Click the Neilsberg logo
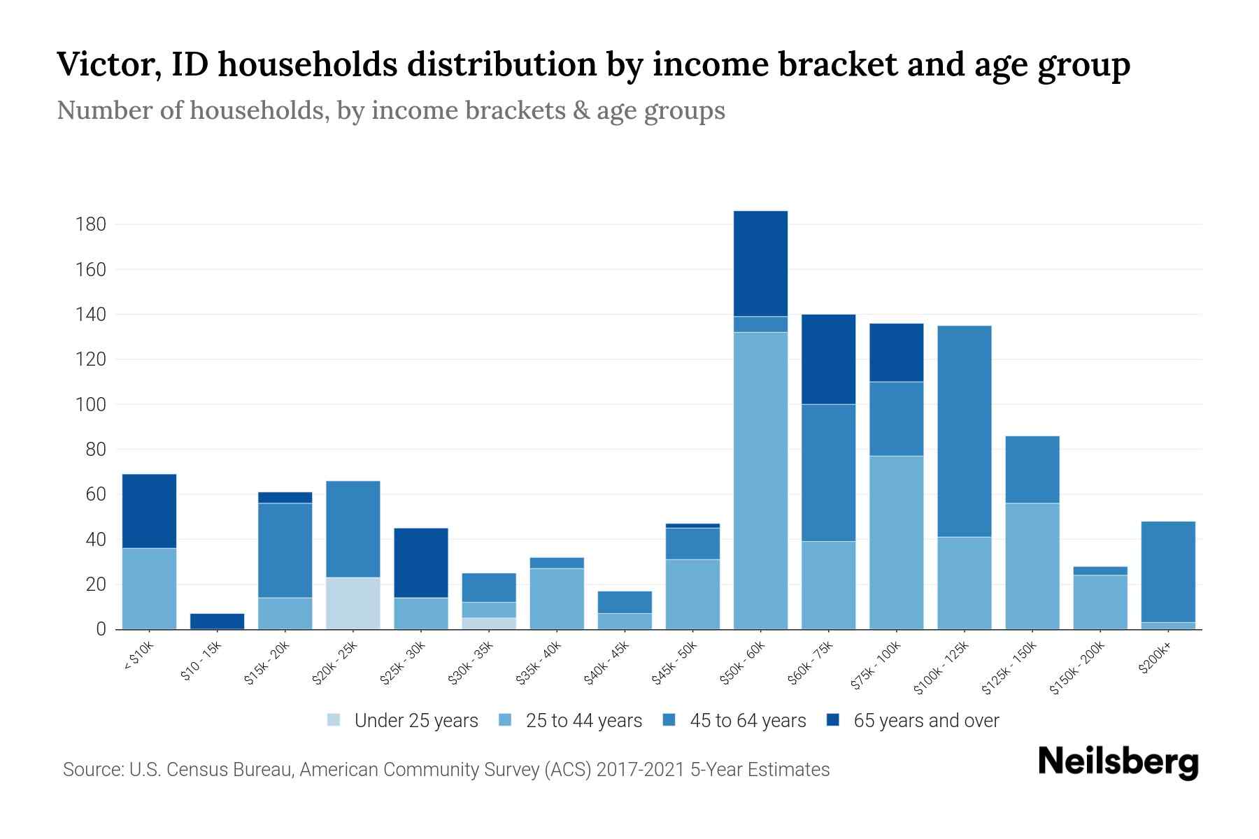coord(1118,762)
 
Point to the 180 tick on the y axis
coord(91,224)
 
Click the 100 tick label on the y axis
coord(91,404)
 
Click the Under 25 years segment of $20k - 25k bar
coord(353,603)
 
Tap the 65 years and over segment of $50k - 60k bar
coord(760,263)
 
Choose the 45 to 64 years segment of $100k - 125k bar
coord(965,431)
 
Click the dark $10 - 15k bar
coord(218,621)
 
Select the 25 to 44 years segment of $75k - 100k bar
coord(896,542)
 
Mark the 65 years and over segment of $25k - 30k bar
coord(421,562)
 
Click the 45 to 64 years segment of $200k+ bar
coord(1168,571)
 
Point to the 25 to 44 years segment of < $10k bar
coord(149,588)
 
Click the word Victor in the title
coord(104,64)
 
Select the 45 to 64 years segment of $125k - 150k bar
coord(1032,469)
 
